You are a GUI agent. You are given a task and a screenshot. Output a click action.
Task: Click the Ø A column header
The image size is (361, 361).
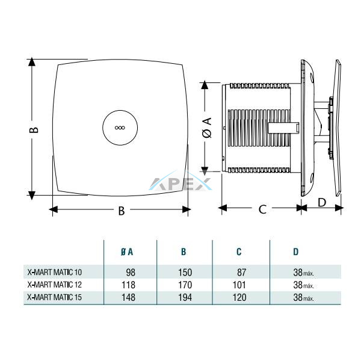pyautogui.click(x=127, y=252)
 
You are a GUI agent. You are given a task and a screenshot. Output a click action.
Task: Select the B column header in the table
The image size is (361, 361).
pyautogui.click(x=184, y=252)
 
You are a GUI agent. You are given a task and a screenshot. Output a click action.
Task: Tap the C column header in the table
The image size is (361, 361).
pyautogui.click(x=239, y=252)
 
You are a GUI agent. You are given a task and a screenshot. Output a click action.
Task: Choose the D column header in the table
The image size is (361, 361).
pyautogui.click(x=296, y=252)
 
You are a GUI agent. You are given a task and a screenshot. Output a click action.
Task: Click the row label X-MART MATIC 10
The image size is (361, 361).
pyautogui.click(x=55, y=273)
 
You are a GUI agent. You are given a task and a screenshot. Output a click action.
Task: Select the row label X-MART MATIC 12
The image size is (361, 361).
pyautogui.click(x=55, y=285)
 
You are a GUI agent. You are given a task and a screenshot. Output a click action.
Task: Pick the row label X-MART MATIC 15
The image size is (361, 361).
pyautogui.click(x=55, y=297)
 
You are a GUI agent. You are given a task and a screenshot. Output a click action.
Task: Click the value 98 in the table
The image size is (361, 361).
pyautogui.click(x=131, y=273)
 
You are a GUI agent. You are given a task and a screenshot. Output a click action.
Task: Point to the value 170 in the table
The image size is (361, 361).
pyautogui.click(x=185, y=285)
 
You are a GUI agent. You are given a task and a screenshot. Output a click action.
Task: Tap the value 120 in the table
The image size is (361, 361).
pyautogui.click(x=239, y=297)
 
